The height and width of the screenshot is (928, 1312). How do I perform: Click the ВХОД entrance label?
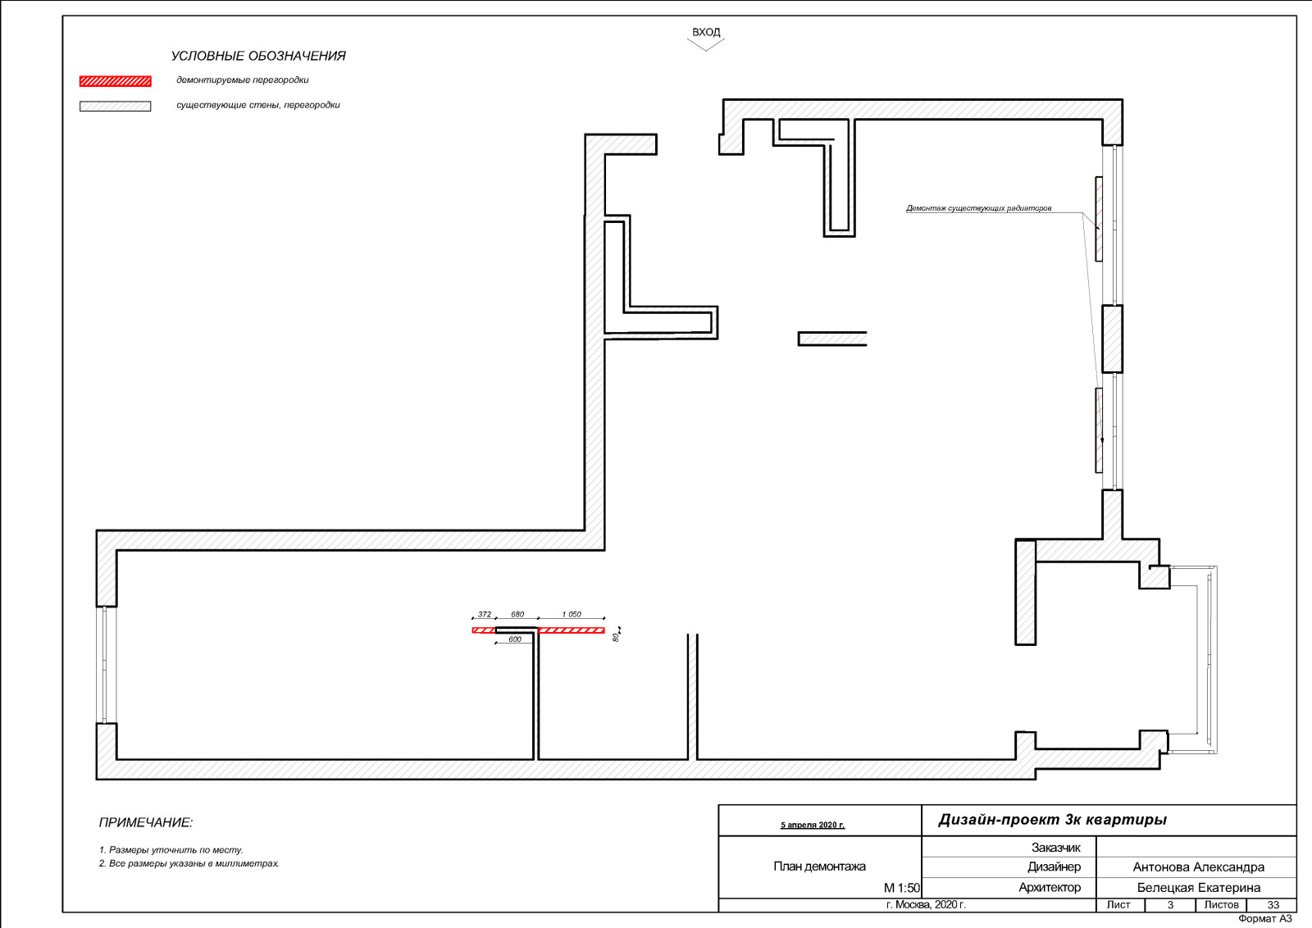coord(706,32)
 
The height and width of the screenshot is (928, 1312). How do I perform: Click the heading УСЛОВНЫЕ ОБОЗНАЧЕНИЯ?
coord(258,57)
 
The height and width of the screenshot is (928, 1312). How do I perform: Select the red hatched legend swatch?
coord(116,81)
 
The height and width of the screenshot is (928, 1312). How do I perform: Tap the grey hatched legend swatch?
coord(116,106)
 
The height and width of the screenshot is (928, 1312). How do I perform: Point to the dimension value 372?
coord(485,614)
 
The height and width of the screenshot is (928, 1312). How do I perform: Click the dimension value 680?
coord(517,614)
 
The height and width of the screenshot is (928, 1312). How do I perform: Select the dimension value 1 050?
coord(571,614)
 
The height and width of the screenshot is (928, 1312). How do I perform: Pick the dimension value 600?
coord(515,639)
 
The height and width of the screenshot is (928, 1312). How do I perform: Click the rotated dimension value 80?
coord(616,637)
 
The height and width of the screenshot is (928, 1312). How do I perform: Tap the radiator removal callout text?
coord(979,208)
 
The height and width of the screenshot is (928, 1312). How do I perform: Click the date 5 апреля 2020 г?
coord(813,825)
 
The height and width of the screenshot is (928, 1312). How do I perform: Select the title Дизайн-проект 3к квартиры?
coord(1053,820)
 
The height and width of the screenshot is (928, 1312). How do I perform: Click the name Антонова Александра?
coord(1198,867)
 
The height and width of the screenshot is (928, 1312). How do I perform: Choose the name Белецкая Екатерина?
coord(1198,888)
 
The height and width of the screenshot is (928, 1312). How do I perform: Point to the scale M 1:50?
coord(902,888)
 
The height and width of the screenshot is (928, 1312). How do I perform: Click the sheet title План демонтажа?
coord(819,867)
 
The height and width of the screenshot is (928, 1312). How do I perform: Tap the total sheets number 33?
coord(1273,904)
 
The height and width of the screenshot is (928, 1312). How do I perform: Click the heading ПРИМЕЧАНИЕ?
coord(146,822)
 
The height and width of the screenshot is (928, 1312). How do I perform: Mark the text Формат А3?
coord(1265,919)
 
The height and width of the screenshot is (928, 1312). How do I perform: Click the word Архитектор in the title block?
coord(1050,888)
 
